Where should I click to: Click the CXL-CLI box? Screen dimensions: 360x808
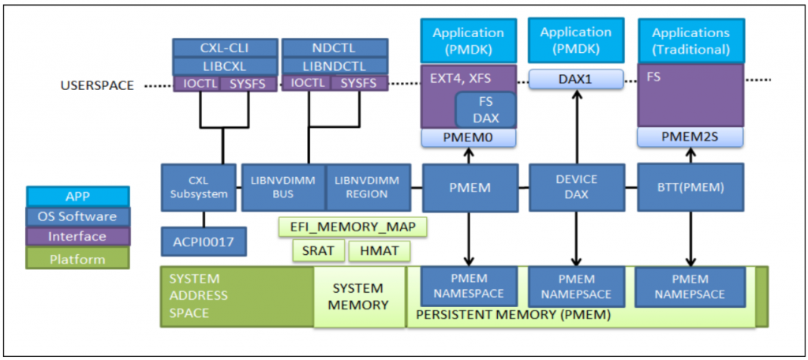[224, 47]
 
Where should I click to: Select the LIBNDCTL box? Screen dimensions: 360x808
[335, 66]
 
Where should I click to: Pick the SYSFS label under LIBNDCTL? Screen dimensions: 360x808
[359, 83]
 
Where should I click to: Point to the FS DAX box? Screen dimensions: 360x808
[485, 111]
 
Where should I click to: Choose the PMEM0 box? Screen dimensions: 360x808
[469, 138]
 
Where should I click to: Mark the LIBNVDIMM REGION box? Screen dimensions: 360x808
[367, 187]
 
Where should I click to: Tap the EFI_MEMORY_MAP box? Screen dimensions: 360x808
[353, 227]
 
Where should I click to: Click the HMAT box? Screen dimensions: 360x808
[380, 252]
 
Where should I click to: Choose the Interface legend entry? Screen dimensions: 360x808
[77, 236]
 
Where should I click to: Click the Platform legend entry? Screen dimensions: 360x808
[77, 257]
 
